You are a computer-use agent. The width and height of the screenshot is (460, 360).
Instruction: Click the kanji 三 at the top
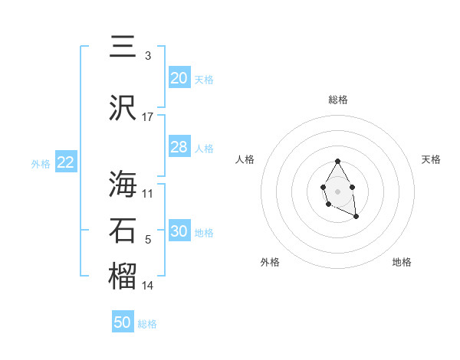click(123, 46)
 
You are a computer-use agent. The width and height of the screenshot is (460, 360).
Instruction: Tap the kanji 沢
click(123, 108)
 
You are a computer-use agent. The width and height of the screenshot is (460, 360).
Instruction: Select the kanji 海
click(123, 185)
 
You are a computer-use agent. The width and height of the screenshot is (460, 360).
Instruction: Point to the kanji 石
click(123, 231)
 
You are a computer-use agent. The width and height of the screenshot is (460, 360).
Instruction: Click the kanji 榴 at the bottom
click(123, 277)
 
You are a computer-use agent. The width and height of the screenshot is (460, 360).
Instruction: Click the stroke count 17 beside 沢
click(148, 116)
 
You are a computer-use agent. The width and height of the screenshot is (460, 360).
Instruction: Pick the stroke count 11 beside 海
click(148, 193)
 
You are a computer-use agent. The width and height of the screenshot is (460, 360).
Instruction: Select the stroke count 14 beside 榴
click(148, 285)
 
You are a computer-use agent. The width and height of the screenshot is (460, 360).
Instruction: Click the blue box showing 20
click(179, 78)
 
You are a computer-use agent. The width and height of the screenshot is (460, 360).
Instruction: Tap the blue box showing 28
click(179, 147)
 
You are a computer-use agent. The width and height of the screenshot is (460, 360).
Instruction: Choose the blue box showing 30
click(179, 231)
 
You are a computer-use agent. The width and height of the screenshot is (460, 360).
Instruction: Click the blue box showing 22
click(65, 162)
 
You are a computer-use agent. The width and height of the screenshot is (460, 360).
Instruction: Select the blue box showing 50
click(123, 322)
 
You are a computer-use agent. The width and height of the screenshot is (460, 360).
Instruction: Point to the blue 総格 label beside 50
click(147, 324)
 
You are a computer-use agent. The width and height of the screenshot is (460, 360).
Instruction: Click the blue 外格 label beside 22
click(41, 164)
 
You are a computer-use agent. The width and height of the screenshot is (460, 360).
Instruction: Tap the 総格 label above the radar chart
click(337, 100)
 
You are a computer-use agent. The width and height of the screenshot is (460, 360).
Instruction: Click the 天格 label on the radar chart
click(431, 159)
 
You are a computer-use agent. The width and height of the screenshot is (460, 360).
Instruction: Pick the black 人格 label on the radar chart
click(245, 159)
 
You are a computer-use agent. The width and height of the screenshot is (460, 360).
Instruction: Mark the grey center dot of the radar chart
click(337, 190)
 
